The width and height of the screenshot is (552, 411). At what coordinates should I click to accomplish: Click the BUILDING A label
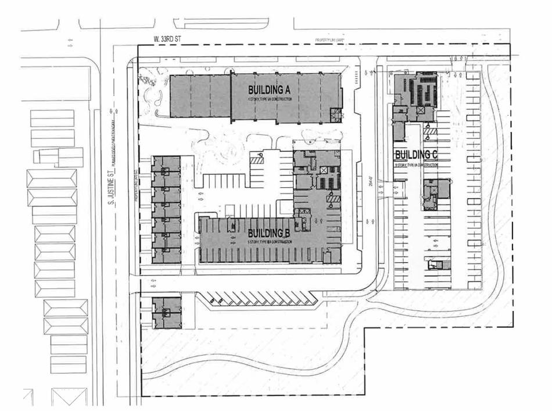(x=269, y=90)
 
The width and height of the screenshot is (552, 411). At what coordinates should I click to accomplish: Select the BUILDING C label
(x=416, y=155)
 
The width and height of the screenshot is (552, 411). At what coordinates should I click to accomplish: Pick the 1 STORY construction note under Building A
(x=269, y=100)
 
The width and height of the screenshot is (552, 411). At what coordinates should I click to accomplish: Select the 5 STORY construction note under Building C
(x=416, y=165)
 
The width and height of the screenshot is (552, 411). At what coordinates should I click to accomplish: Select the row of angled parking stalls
(x=259, y=299)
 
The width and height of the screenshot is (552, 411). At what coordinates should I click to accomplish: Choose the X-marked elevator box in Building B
(x=323, y=170)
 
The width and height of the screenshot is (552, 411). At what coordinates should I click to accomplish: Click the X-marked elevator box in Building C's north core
(x=420, y=110)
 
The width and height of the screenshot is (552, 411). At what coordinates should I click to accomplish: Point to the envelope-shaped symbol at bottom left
(x=69, y=396)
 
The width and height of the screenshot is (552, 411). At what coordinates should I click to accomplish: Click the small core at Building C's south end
(x=438, y=265)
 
